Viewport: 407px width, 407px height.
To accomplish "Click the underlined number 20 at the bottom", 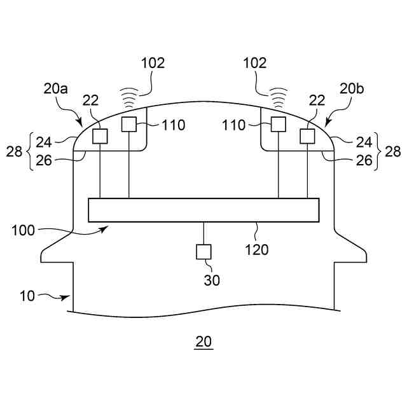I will [x=203, y=341].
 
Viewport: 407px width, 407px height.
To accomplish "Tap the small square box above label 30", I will [x=203, y=252].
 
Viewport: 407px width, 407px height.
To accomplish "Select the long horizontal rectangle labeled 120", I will [x=203, y=210].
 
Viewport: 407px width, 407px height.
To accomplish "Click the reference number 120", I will [x=256, y=249].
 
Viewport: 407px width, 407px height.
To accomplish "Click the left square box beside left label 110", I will [x=129, y=124].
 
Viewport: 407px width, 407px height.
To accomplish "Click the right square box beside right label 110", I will [x=278, y=124].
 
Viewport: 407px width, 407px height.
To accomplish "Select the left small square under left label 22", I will [x=100, y=136].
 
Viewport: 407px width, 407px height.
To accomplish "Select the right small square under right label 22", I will [x=307, y=136].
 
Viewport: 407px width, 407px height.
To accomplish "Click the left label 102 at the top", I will [x=153, y=63].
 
